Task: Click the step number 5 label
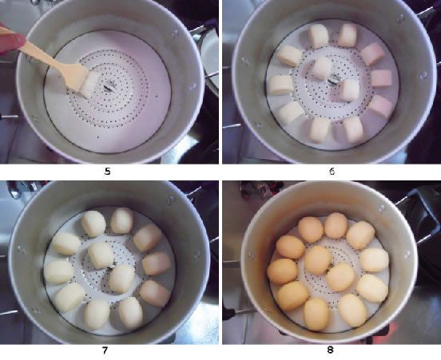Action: (x=107, y=172)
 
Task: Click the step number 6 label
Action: (x=332, y=172)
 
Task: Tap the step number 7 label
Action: (x=105, y=350)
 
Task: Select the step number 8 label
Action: (x=330, y=350)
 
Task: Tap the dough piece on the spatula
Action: (x=89, y=84)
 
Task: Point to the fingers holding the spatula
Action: (x=10, y=41)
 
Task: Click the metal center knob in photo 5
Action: (x=107, y=88)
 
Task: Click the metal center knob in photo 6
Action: (x=333, y=80)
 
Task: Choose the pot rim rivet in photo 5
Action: (x=174, y=34)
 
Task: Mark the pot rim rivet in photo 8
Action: (x=382, y=208)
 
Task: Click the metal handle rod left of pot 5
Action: (x=9, y=116)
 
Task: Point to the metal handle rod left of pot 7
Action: (x=8, y=313)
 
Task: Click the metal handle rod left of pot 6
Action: (x=232, y=126)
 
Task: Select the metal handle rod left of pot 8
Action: (x=244, y=311)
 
